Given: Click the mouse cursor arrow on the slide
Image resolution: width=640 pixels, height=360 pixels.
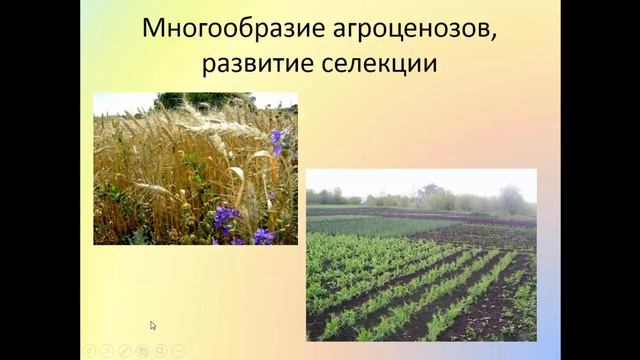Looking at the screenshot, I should pos(153,325).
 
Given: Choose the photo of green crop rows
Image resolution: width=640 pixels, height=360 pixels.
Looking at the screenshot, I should pos(421,255).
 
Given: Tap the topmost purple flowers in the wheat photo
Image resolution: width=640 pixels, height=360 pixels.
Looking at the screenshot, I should pos(276,138).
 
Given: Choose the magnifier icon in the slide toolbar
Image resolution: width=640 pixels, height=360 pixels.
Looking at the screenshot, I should pos(161,351).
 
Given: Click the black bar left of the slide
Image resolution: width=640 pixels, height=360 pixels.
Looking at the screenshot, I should pos(40,180).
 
